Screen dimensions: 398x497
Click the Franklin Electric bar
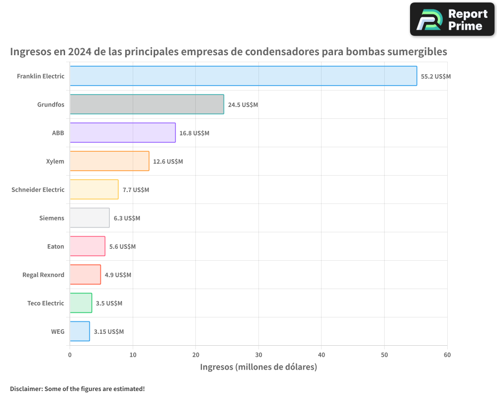click(x=243, y=76)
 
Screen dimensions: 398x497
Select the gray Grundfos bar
click(x=147, y=104)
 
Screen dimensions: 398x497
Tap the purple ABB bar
click(x=122, y=133)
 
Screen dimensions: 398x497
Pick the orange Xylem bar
click(x=109, y=161)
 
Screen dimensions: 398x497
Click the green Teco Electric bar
click(x=81, y=303)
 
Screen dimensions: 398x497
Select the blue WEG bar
click(x=80, y=331)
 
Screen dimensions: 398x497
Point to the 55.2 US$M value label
click(x=436, y=77)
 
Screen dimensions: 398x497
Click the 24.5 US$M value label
click(x=243, y=105)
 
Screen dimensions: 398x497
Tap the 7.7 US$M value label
click(x=136, y=190)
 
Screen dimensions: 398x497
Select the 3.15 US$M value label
click(x=109, y=332)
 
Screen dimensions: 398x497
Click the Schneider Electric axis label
click(x=38, y=190)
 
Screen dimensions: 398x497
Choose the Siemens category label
click(x=52, y=218)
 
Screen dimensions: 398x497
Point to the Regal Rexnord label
click(x=43, y=275)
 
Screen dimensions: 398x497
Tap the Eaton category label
click(x=55, y=246)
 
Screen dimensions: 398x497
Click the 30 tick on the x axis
click(x=258, y=355)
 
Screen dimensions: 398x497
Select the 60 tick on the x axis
click(x=447, y=355)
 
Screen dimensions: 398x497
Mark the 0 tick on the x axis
click(x=70, y=355)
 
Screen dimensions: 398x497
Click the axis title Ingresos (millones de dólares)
click(x=258, y=367)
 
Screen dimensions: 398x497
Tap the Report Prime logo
click(x=452, y=19)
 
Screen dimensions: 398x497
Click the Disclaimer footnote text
click(x=78, y=389)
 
